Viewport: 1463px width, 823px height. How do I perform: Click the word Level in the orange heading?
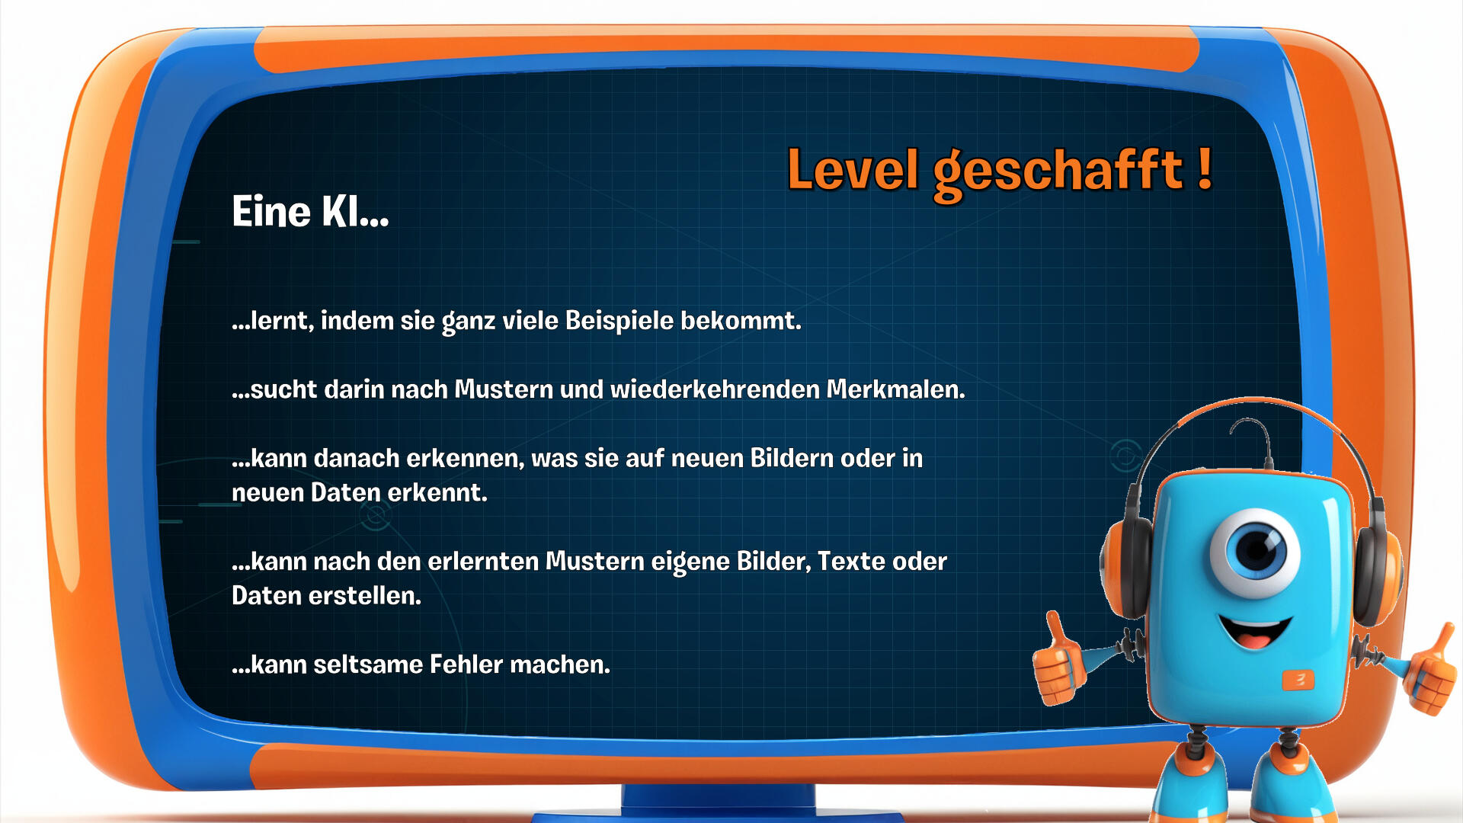click(853, 169)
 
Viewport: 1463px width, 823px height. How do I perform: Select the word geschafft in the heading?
click(1058, 174)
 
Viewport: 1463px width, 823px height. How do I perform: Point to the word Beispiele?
click(619, 321)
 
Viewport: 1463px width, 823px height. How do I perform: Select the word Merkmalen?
click(896, 389)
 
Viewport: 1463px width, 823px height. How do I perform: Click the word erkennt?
click(437, 493)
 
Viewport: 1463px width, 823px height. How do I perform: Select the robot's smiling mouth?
click(1255, 631)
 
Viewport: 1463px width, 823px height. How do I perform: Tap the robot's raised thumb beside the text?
click(1058, 659)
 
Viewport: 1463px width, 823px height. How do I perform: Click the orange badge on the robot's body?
click(1298, 680)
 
